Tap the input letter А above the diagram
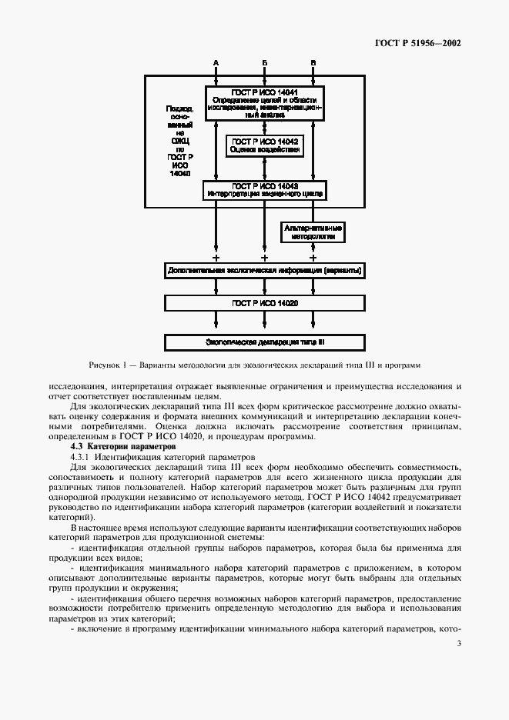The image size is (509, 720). pyautogui.click(x=216, y=62)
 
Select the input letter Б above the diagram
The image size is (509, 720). pyautogui.click(x=264, y=62)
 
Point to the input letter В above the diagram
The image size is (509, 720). pyautogui.click(x=313, y=62)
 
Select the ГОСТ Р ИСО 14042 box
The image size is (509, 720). pyautogui.click(x=264, y=145)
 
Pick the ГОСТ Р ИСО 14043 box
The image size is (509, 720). pyautogui.click(x=264, y=189)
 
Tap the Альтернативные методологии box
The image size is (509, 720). pyautogui.click(x=313, y=232)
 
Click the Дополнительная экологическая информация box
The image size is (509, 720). pyautogui.click(x=264, y=271)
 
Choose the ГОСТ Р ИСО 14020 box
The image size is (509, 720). pyautogui.click(x=264, y=305)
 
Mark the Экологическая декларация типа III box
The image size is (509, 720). pyautogui.click(x=264, y=341)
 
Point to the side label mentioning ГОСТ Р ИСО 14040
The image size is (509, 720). pyautogui.click(x=179, y=142)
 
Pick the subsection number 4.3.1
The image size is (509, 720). pyautogui.click(x=80, y=457)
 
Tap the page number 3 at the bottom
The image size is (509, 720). pyautogui.click(x=459, y=644)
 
